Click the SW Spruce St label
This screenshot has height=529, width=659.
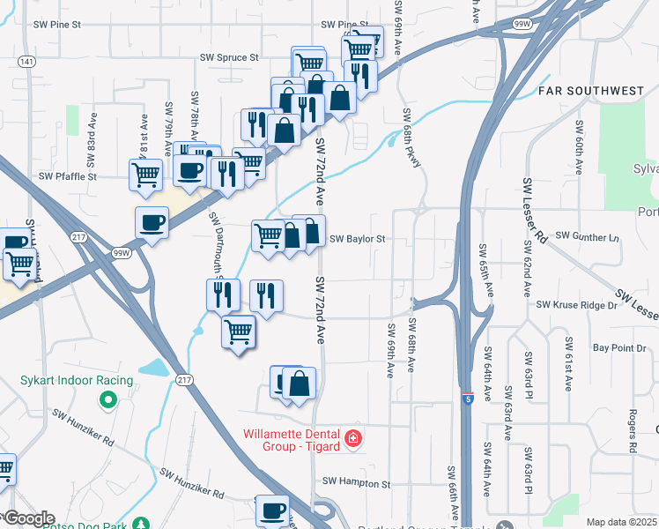click(x=229, y=57)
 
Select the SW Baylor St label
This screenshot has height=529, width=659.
click(x=358, y=239)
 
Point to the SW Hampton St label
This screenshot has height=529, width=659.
click(x=356, y=483)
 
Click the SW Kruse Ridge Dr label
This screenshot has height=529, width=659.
click(x=577, y=305)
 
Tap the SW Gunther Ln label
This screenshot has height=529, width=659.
click(x=589, y=238)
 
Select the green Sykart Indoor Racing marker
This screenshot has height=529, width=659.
click(x=109, y=401)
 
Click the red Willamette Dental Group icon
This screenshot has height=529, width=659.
click(x=353, y=438)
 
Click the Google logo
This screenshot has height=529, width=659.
click(x=28, y=518)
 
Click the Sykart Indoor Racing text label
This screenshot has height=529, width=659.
click(x=77, y=381)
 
